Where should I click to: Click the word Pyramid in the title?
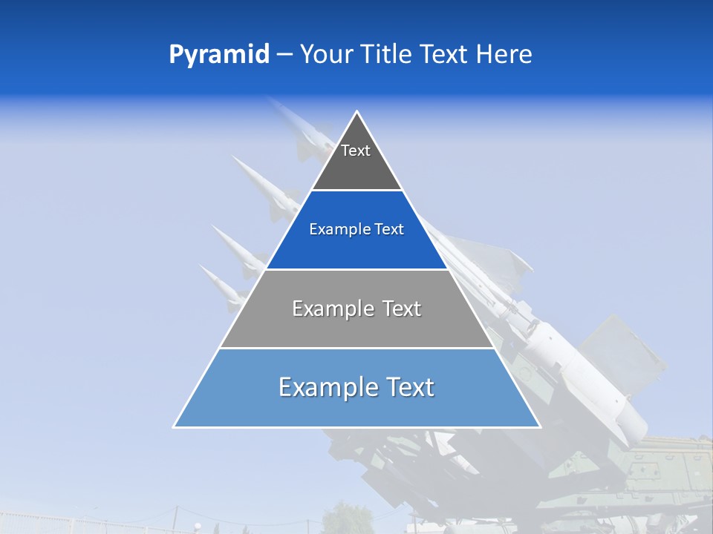[x=218, y=55]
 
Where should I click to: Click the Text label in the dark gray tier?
[x=356, y=151]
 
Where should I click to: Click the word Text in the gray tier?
[x=403, y=309]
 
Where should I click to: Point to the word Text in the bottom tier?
[x=409, y=387]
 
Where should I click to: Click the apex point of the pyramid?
[x=357, y=112]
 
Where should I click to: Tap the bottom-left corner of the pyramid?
[x=174, y=426]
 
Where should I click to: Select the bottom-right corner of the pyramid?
[x=540, y=426]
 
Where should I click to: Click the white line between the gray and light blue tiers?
[x=356, y=348]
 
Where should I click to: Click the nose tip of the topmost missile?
[x=269, y=99]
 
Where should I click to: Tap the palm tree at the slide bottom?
[x=341, y=515]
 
